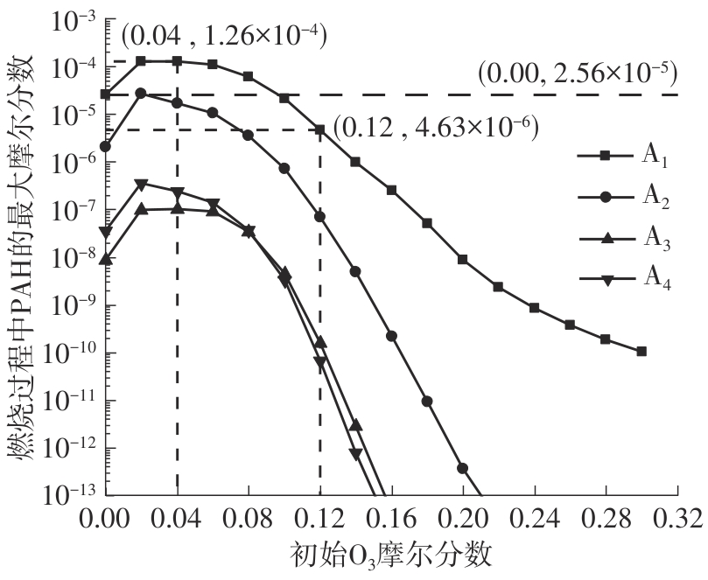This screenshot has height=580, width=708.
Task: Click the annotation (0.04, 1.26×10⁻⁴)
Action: point(223,36)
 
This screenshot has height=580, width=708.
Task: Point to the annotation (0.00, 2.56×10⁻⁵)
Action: point(578,75)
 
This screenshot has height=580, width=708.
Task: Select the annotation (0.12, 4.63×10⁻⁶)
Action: point(436,129)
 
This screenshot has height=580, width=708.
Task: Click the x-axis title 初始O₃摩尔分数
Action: point(389,556)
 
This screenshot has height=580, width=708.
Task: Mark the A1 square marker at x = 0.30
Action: point(641,351)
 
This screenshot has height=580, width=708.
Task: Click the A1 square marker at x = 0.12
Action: point(320,129)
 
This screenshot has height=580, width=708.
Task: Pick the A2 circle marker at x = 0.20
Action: point(462,467)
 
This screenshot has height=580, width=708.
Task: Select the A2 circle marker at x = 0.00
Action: point(106,146)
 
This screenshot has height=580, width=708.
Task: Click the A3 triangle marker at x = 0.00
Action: point(106,258)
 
